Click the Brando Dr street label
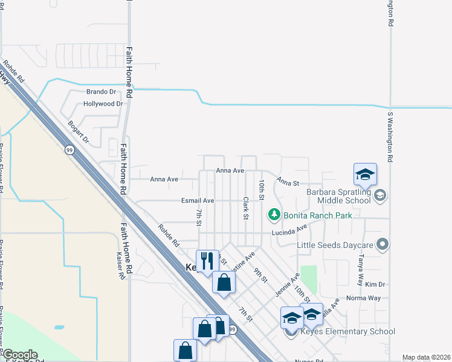[100, 92]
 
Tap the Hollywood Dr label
[103, 104]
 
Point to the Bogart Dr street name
[79, 132]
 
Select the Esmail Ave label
[198, 200]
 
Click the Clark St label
[246, 208]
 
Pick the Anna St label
[289, 182]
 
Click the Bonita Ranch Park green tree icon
[274, 214]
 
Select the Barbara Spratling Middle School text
[338, 197]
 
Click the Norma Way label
[363, 298]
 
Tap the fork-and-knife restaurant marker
[207, 261]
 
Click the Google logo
[19, 355]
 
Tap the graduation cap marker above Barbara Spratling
[365, 174]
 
